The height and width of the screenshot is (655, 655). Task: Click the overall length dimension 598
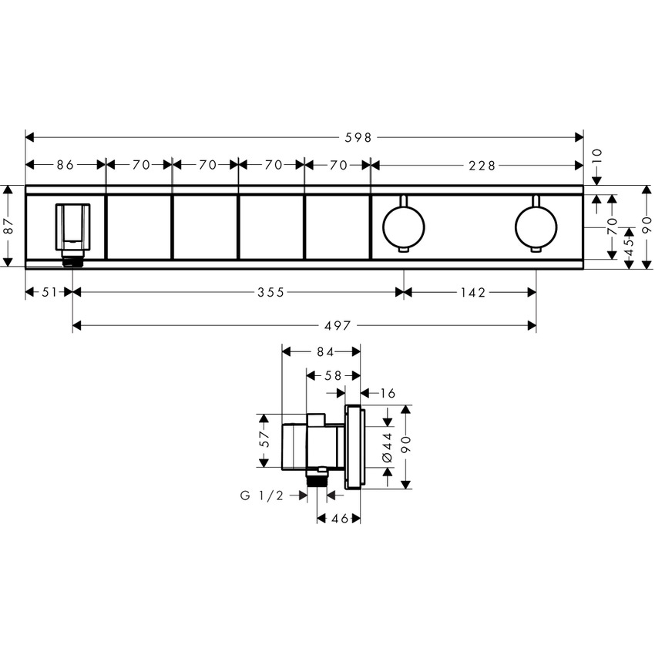[360, 137]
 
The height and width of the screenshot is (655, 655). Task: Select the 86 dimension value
[65, 164]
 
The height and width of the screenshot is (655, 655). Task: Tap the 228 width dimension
[480, 164]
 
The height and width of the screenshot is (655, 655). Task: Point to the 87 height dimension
[8, 227]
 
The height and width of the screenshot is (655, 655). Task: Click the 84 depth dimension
[323, 351]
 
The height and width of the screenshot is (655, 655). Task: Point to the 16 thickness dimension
[387, 393]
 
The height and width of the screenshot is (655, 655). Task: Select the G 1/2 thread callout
[263, 496]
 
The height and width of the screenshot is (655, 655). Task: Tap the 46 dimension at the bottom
[339, 519]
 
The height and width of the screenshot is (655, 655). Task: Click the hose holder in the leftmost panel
[72, 227]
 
